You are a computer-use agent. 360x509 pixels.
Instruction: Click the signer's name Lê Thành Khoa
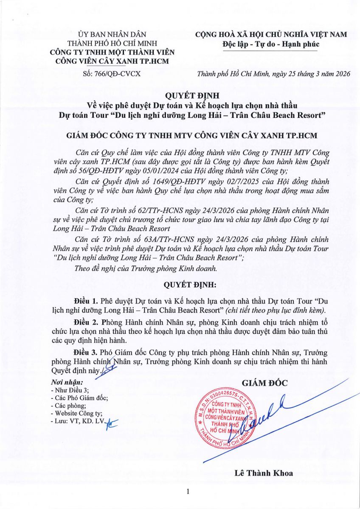[264, 473]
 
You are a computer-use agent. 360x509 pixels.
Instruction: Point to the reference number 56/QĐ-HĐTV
[94, 171]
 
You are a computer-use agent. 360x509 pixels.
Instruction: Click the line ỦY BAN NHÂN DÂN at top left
[112, 35]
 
